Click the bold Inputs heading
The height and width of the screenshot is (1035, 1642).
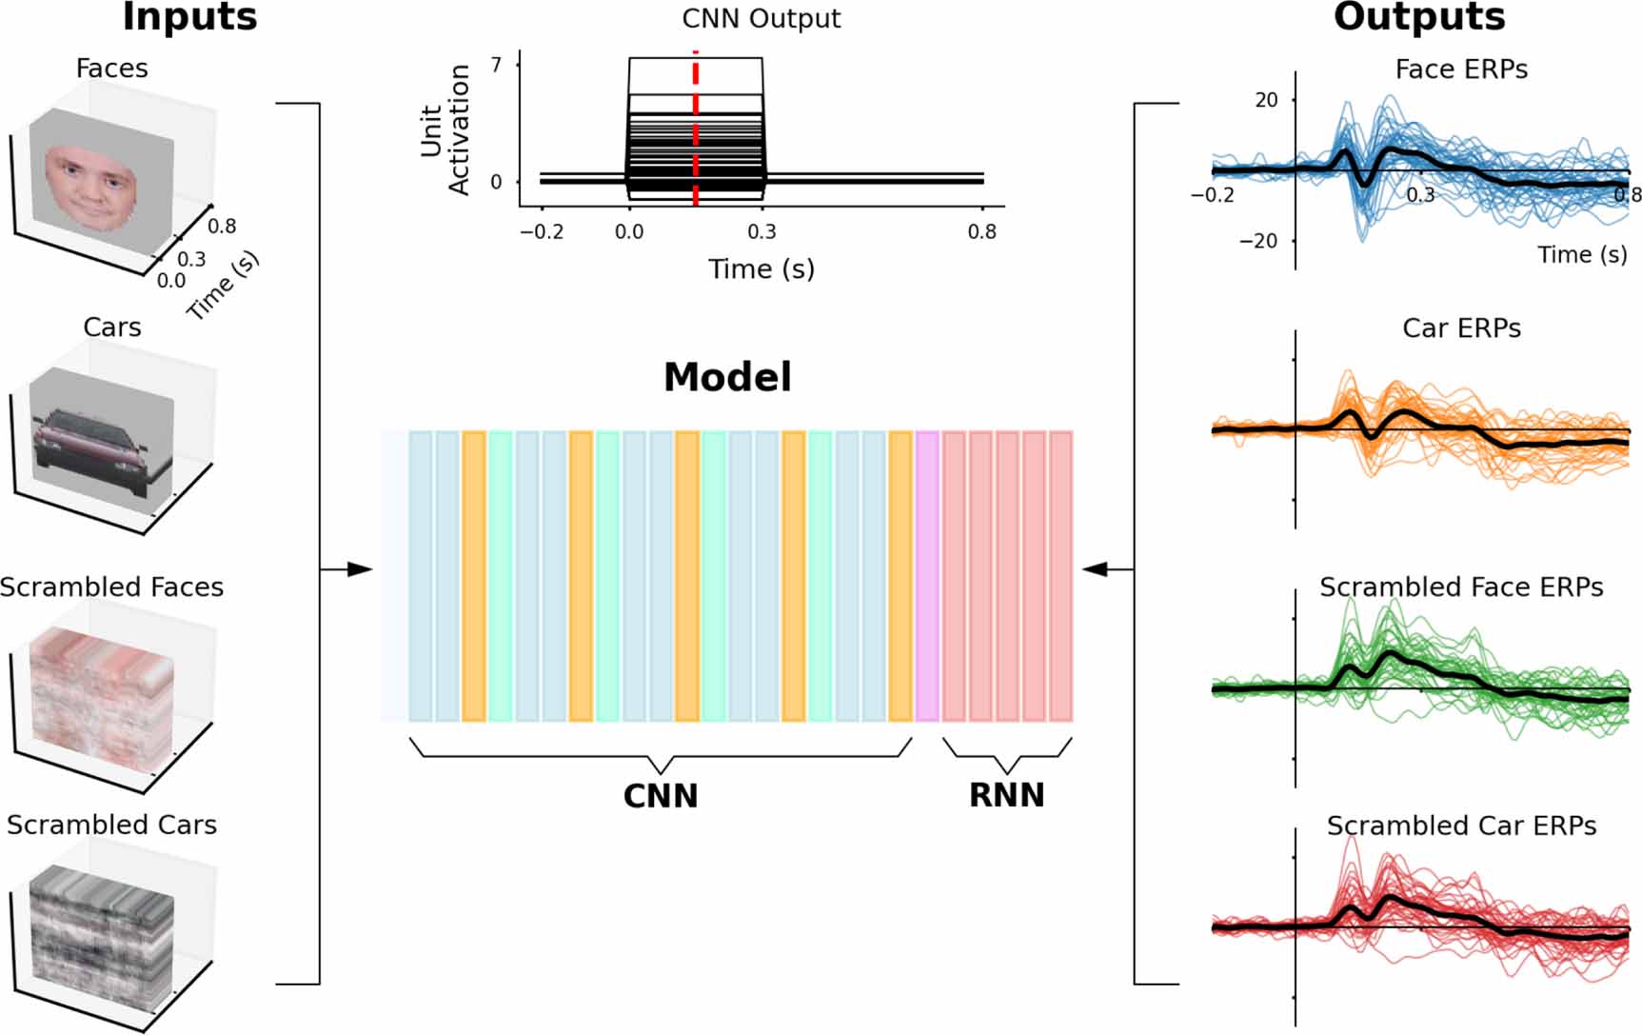coord(189,17)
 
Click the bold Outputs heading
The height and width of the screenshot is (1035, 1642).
coord(1418,17)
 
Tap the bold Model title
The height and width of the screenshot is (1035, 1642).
coord(727,377)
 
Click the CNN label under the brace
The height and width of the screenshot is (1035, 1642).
coord(661,796)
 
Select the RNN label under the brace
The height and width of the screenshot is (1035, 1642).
coord(1006,795)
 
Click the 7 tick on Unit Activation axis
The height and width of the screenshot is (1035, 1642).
coord(496,65)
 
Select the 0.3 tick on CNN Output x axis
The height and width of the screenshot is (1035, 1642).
coord(762,231)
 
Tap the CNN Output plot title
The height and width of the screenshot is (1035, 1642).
coord(761,19)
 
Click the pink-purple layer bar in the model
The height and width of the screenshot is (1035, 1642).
coord(926,575)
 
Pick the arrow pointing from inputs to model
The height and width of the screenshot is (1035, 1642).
coord(357,569)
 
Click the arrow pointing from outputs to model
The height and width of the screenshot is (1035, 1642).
coord(1098,569)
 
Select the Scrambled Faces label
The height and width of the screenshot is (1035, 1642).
coord(112,587)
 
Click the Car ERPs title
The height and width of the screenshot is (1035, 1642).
coord(1461,328)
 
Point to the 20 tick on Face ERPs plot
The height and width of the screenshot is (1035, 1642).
coord(1265,100)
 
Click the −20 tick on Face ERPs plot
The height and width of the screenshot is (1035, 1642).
coord(1257,241)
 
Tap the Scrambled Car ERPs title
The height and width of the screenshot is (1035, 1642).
coord(1461,826)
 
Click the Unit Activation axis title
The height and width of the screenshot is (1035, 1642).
coord(445,129)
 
